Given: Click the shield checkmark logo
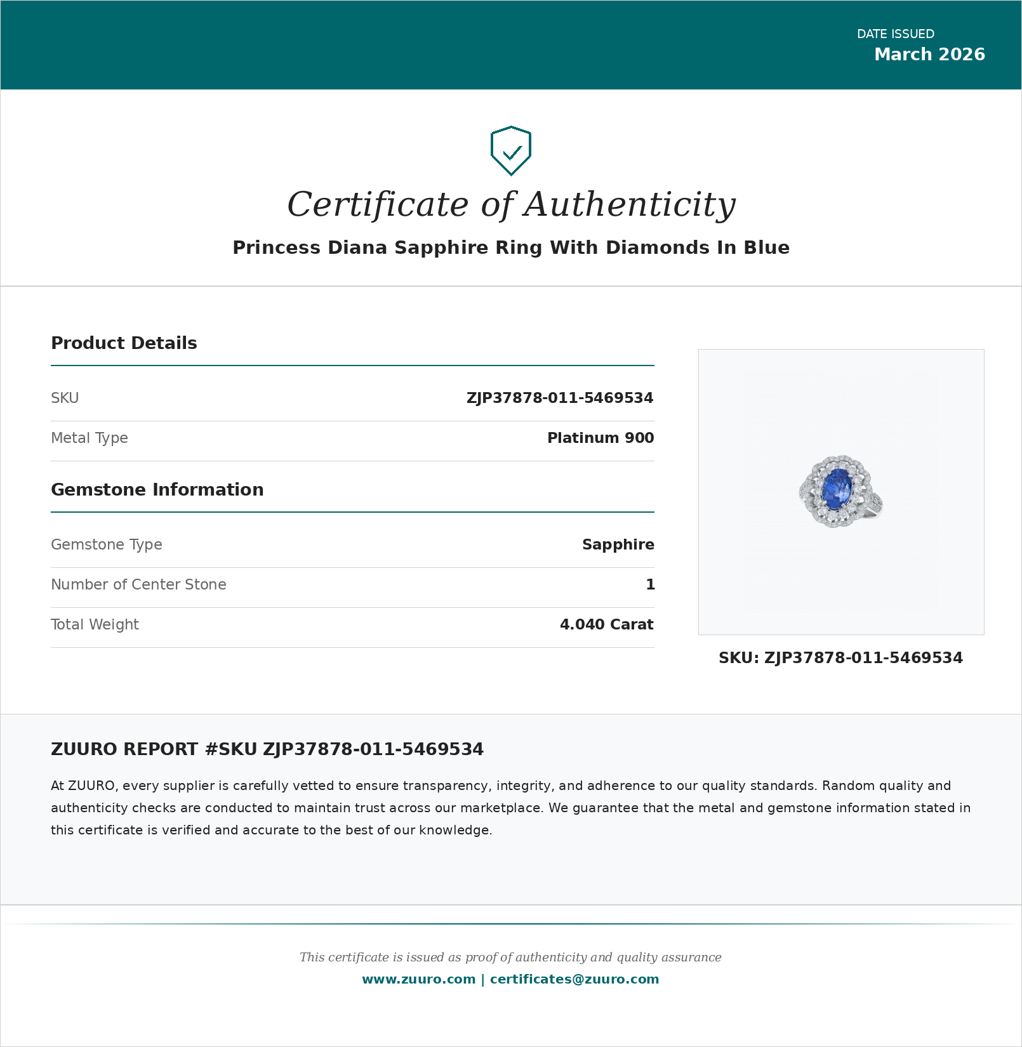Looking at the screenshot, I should [511, 151].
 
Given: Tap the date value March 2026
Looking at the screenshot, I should [929, 55].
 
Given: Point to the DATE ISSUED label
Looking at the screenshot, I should [895, 34].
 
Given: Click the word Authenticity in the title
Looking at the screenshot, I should [630, 204].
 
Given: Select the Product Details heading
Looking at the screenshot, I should [124, 343].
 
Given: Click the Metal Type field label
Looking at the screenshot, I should [90, 438].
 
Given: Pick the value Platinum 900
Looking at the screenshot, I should [600, 438].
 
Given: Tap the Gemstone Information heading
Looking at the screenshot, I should [157, 490].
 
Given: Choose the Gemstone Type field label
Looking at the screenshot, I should [107, 544].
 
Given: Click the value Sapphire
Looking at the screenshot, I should [618, 544].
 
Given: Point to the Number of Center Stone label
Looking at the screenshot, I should [138, 584].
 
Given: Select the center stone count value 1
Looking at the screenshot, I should [650, 584].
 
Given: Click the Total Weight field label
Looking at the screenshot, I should [95, 624].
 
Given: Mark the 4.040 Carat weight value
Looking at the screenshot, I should [606, 624].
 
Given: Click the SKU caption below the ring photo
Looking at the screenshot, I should [840, 658].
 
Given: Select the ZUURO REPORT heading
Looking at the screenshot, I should [267, 749].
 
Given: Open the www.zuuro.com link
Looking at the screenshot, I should [418, 979].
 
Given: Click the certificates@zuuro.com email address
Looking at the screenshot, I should [574, 979].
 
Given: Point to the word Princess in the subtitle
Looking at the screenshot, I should [276, 247].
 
